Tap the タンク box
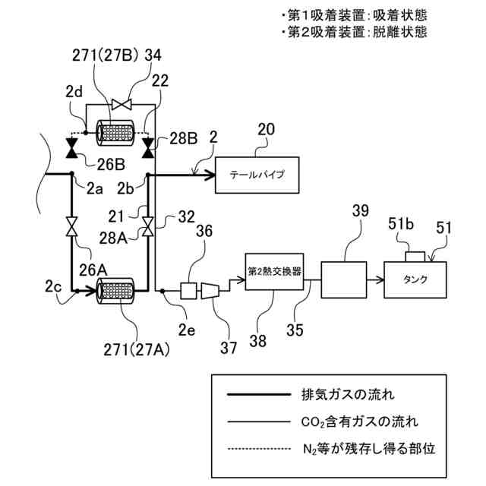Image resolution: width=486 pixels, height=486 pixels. pos(420,278)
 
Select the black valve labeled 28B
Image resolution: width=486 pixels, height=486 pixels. pos(148,144)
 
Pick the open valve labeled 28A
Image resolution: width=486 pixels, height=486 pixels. pos(148,226)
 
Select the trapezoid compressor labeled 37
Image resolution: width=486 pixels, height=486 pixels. pos(211,289)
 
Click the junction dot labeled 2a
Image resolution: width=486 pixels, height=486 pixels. pos(72,174)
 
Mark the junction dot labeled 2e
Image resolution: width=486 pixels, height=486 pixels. pos(164,290)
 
